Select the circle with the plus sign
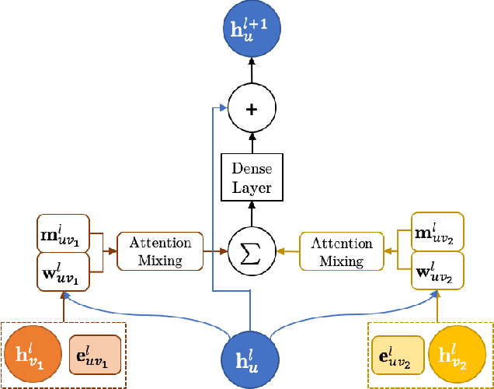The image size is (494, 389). [x=250, y=110]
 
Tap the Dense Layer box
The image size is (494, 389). [x=250, y=177]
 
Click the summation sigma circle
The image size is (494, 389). [x=250, y=251]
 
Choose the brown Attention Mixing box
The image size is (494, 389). [x=159, y=251]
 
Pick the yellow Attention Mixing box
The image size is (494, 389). [x=342, y=251]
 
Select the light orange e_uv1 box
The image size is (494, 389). [x=95, y=354]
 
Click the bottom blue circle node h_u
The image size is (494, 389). [x=250, y=358]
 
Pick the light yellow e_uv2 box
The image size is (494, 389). [x=398, y=354]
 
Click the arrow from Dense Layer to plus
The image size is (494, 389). [x=250, y=142]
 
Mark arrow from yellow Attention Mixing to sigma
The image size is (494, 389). [x=287, y=251]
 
